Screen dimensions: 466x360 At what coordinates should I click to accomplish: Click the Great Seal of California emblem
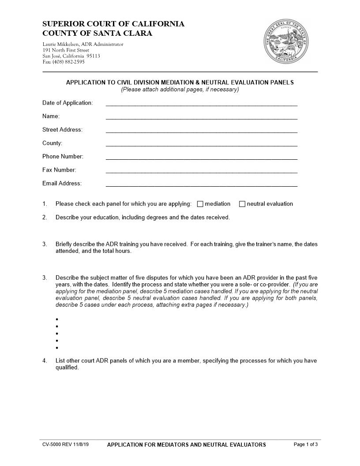point(286,42)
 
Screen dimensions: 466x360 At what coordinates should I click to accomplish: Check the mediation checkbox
point(200,204)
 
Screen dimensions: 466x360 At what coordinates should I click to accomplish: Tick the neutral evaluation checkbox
point(242,204)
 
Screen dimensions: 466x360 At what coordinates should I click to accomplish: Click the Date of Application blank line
point(202,105)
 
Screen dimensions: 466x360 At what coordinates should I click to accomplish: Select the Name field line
point(202,118)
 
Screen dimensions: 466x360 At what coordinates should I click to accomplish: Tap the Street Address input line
point(202,132)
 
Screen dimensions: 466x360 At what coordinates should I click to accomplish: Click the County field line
point(202,145)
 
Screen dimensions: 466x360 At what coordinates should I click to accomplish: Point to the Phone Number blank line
point(202,158)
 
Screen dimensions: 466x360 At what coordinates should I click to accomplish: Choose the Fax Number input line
point(202,172)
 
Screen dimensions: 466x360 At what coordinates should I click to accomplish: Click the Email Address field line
point(202,185)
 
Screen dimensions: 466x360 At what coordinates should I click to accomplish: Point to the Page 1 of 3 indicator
point(305,444)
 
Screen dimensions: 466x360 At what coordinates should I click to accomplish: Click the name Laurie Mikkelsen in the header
point(61,44)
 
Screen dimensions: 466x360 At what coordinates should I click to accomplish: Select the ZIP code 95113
point(93,56)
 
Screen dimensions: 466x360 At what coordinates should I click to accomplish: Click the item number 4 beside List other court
point(45,361)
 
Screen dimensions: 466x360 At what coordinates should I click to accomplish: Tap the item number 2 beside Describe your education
point(45,217)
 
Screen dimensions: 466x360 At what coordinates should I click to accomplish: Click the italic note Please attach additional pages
point(180,89)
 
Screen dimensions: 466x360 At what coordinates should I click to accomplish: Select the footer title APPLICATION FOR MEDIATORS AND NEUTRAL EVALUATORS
point(187,445)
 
